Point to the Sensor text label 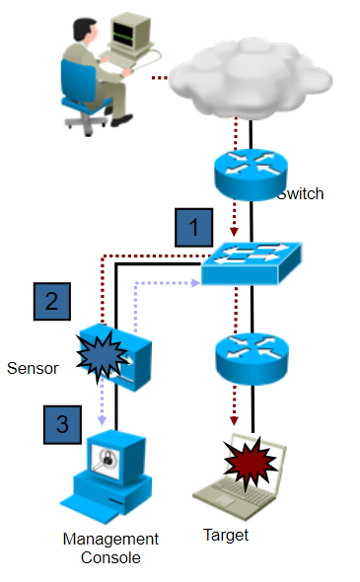(33, 368)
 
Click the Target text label (225, 536)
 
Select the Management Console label (110, 547)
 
